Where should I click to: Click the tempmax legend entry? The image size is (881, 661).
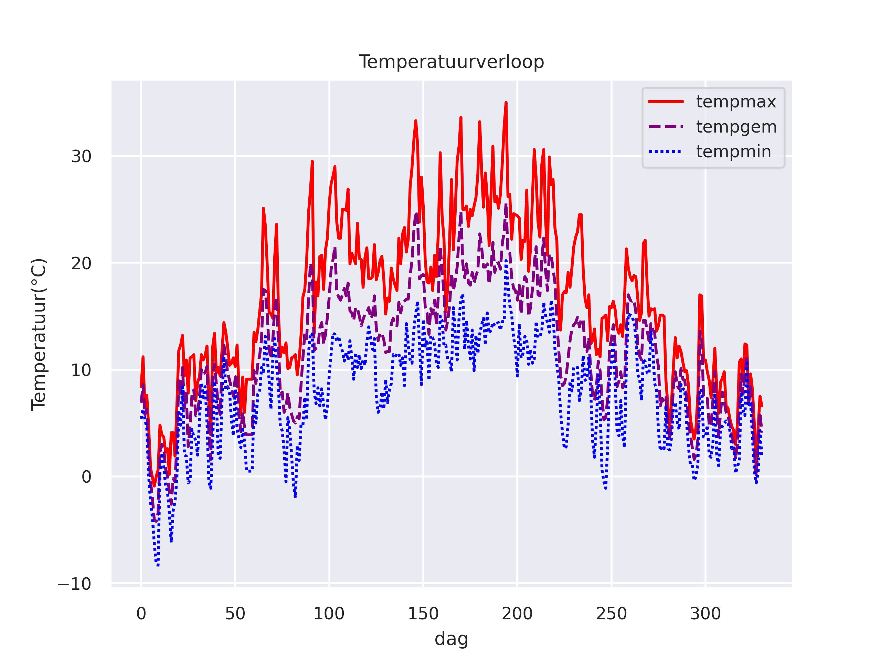(x=736, y=102)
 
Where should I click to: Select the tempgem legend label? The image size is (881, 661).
(x=736, y=127)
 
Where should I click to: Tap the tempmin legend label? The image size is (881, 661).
(x=734, y=152)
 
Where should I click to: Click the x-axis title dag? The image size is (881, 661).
(x=451, y=639)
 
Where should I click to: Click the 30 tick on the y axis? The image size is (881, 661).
(x=81, y=157)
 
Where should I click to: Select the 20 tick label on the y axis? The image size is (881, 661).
(x=81, y=263)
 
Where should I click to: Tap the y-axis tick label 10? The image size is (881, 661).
(x=81, y=370)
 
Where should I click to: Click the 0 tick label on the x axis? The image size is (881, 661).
(x=141, y=614)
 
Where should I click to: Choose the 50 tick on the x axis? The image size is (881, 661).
(x=235, y=614)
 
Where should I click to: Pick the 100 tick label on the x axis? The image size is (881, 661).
(x=329, y=614)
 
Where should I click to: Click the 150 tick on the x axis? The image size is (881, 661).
(x=423, y=614)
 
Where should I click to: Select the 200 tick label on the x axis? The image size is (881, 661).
(x=517, y=614)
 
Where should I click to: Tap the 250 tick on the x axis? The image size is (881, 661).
(x=611, y=614)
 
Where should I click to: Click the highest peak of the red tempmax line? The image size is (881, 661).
(x=506, y=103)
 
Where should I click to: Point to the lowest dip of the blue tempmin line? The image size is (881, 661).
(x=158, y=565)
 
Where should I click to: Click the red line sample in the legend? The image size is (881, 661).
(x=666, y=102)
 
